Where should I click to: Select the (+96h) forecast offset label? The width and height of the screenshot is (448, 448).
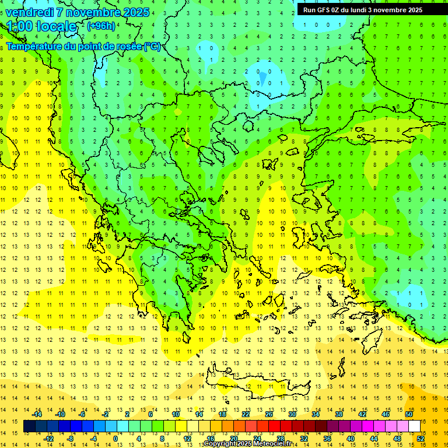click(x=101, y=26)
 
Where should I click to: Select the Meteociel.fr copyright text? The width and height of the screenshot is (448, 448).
click(x=247, y=444)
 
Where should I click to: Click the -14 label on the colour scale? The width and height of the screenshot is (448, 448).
click(x=37, y=414)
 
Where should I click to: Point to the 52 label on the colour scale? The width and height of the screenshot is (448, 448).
click(x=421, y=439)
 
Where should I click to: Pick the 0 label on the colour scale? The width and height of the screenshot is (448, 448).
click(x=116, y=439)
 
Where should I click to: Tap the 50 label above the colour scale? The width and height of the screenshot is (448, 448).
click(x=408, y=414)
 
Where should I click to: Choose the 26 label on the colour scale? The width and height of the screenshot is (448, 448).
click(x=269, y=414)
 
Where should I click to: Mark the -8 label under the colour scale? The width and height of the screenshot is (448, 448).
click(x=71, y=439)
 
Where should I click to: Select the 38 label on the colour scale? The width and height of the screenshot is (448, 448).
click(x=339, y=414)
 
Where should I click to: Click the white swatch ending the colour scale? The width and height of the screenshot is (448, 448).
click(x=415, y=426)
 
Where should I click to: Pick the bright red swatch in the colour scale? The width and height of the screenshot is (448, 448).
click(x=274, y=426)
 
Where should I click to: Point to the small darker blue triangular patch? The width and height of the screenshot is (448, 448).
click(x=262, y=78)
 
